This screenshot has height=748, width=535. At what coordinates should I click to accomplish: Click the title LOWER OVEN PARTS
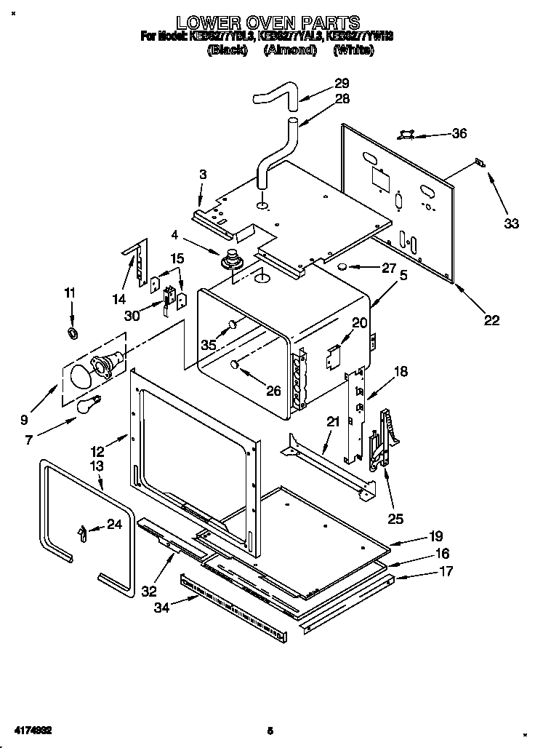pyautogui.click(x=269, y=22)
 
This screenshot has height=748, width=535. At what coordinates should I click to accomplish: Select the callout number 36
pyautogui.click(x=459, y=133)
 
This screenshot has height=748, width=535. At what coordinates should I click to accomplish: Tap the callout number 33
pyautogui.click(x=512, y=223)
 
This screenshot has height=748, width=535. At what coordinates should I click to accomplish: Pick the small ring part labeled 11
pyautogui.click(x=73, y=333)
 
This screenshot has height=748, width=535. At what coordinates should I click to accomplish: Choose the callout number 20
pyautogui.click(x=360, y=322)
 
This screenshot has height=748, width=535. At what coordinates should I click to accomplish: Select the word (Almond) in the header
pyautogui.click(x=290, y=50)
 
